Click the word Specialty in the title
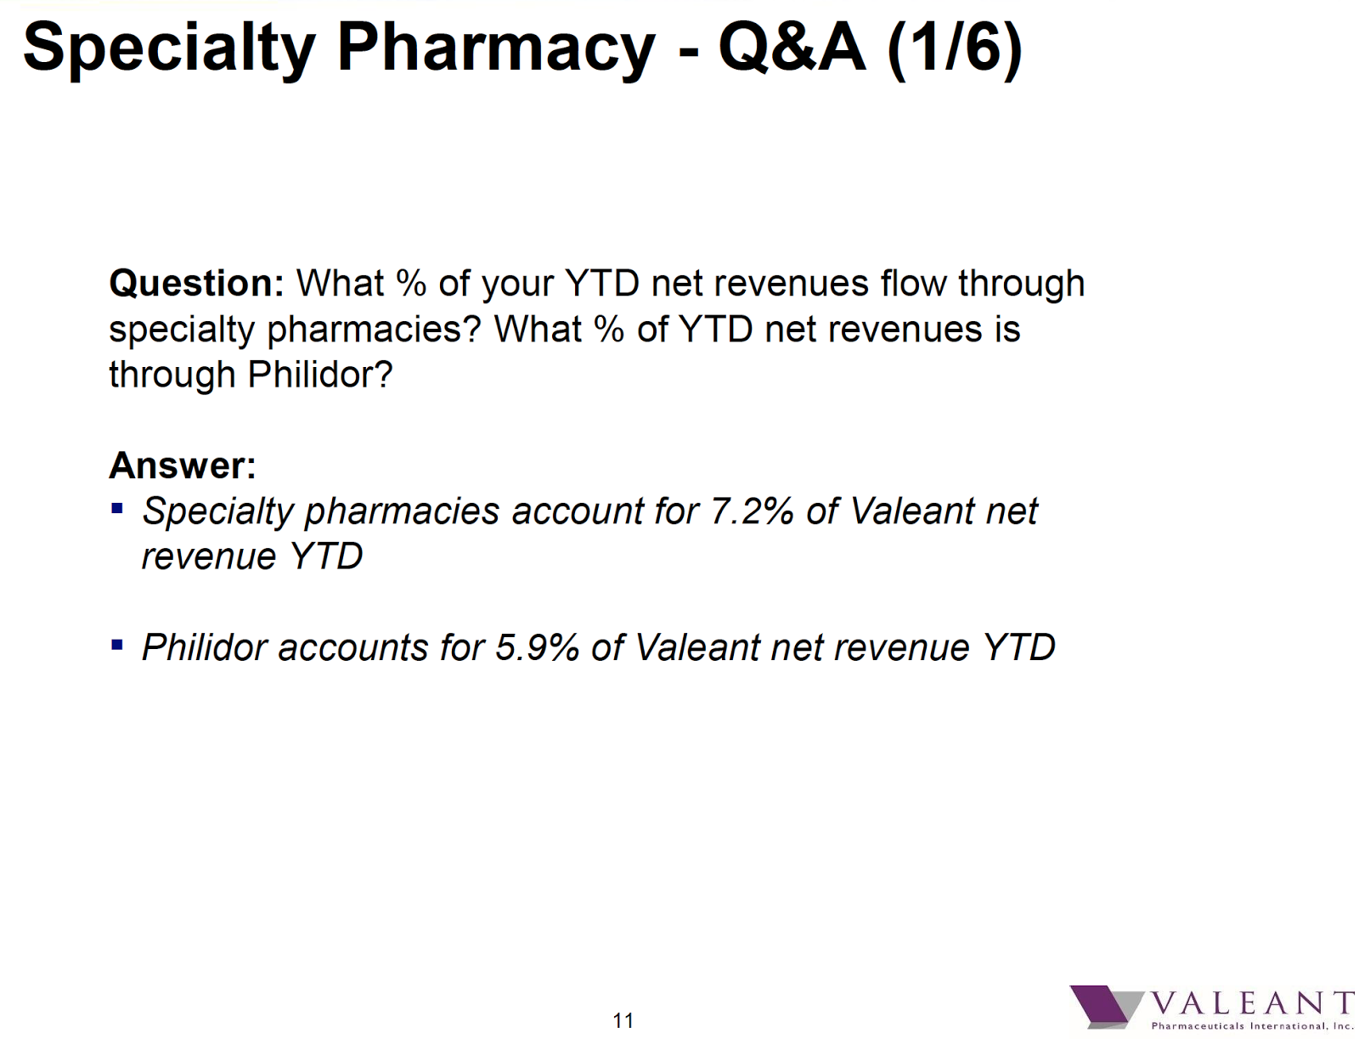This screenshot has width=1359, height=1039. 169,49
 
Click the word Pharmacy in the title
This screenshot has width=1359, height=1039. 496,49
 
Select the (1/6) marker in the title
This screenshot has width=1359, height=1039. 955,49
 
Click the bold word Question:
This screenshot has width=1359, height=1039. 196,284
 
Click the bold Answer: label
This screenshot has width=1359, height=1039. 183,465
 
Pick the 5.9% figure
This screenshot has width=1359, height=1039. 538,647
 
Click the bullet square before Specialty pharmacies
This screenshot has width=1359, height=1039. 117,508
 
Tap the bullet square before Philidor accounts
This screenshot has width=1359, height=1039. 117,645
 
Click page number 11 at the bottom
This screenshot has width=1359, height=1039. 623,1019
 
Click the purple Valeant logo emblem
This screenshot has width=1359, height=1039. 1106,1005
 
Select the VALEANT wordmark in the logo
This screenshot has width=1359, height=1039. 1252,1003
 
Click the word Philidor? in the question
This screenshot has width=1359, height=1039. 320,374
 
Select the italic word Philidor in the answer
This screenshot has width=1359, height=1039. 205,647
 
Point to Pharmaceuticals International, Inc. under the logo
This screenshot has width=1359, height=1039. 1252,1026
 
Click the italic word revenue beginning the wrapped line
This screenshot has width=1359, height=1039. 209,556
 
